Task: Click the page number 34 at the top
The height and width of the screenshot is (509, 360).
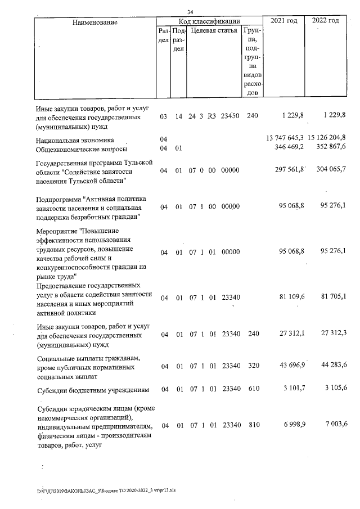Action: point(190,12)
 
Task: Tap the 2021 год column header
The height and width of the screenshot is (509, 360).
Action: point(284,21)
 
